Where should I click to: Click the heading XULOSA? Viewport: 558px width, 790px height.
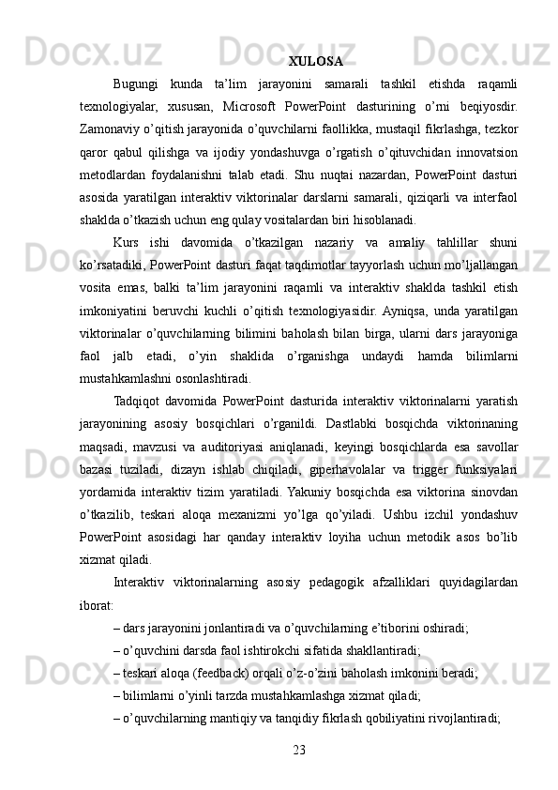pos(315,62)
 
